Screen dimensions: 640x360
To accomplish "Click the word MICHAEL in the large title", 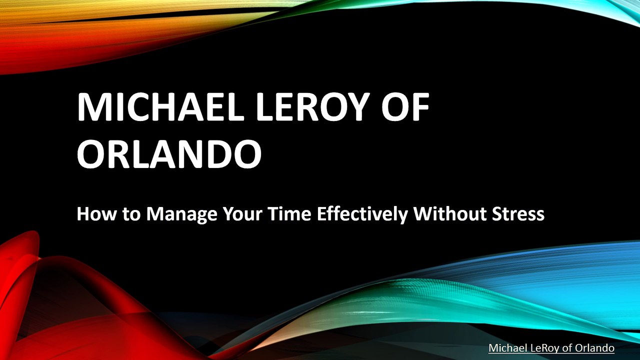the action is pyautogui.click(x=160, y=107).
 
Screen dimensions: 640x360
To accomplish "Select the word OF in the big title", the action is pyautogui.click(x=405, y=107).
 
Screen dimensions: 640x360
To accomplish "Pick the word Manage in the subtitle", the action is pyautogui.click(x=181, y=215).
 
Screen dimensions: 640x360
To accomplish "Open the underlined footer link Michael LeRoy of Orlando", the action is pyautogui.click(x=551, y=348).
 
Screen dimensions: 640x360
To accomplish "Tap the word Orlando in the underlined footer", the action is pyautogui.click(x=594, y=347).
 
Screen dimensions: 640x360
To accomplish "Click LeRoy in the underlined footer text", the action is pyautogui.click(x=545, y=348).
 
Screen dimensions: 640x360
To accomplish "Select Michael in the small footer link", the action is pyautogui.click(x=507, y=347).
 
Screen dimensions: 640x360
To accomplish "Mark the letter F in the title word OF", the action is pyautogui.click(x=421, y=107).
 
